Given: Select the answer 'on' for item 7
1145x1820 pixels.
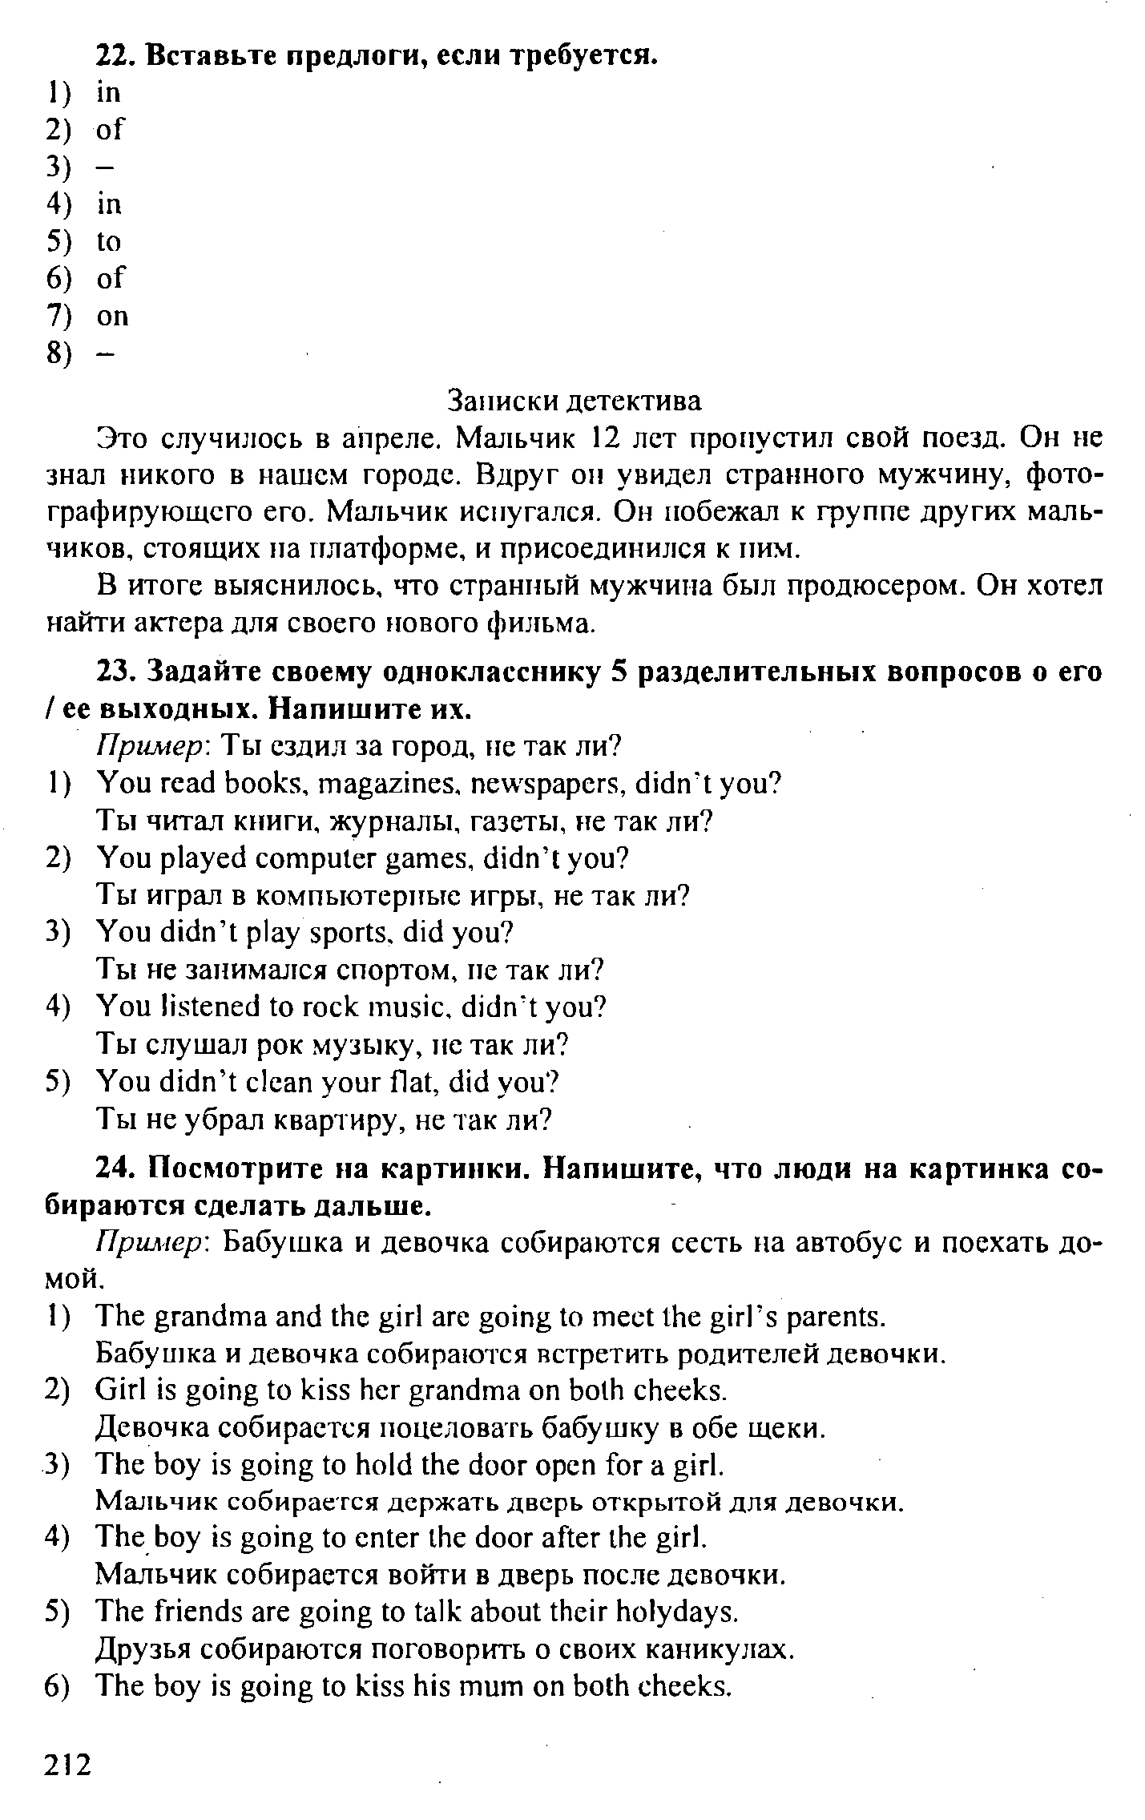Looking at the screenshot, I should [x=112, y=317].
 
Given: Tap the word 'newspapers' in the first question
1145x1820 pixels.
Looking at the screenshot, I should [x=541, y=783].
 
